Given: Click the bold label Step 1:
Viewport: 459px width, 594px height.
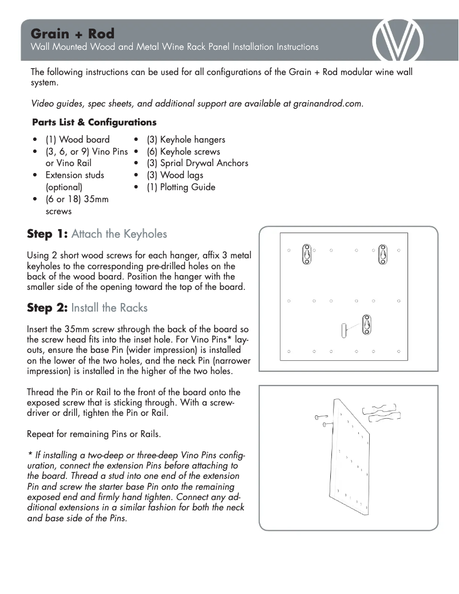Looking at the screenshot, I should [48, 234].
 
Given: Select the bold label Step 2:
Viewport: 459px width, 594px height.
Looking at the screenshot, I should [48, 308].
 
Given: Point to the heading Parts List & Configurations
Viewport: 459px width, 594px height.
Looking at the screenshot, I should [94, 122].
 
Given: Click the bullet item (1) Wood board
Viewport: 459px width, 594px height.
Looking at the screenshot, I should [77, 140].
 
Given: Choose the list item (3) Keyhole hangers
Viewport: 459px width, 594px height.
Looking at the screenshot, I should [185, 140].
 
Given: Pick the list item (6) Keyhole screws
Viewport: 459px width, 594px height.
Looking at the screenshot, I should [183, 152].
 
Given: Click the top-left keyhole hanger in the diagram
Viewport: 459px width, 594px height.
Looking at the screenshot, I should [307, 254].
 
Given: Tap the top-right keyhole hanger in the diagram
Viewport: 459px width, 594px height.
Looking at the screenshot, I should [382, 254].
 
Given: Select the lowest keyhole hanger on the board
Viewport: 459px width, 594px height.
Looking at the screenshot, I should [366, 325].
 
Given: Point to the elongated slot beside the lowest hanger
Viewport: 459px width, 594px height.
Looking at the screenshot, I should [344, 330].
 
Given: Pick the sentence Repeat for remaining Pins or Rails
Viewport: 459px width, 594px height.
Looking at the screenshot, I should [93, 434].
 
